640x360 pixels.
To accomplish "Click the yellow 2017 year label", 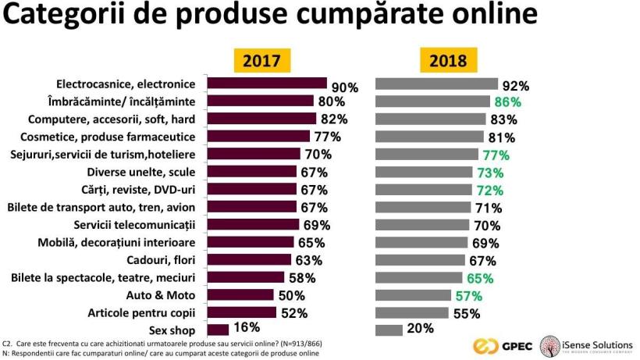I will tap(262, 60).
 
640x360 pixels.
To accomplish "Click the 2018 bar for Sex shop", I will tap(389, 330).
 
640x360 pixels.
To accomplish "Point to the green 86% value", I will tap(507, 102).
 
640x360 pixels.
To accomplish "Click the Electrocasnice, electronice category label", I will tap(126, 84).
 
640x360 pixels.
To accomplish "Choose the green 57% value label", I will tap(468, 296).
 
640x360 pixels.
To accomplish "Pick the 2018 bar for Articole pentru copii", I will tap(412, 313).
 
